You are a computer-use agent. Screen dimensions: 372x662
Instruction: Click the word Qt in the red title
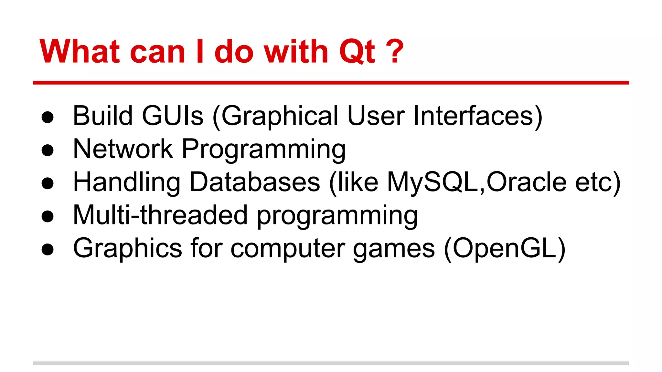(x=357, y=52)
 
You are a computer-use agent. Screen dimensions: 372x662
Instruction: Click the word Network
(x=123, y=149)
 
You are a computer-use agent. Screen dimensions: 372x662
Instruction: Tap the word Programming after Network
(x=264, y=150)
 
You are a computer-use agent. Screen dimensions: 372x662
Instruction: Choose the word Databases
(x=255, y=182)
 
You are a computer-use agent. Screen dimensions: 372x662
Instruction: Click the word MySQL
(x=433, y=182)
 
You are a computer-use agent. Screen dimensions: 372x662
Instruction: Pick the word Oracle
(x=526, y=182)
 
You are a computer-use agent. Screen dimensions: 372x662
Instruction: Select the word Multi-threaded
(x=160, y=215)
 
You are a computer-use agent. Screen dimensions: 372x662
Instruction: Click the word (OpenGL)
(x=505, y=249)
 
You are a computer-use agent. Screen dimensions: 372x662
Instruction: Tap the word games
(x=394, y=249)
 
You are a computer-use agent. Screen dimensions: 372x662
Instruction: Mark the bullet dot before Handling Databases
(x=48, y=183)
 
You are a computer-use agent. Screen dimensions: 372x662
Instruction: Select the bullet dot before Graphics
(x=48, y=250)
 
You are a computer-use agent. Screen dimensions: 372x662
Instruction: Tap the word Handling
(x=127, y=182)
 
